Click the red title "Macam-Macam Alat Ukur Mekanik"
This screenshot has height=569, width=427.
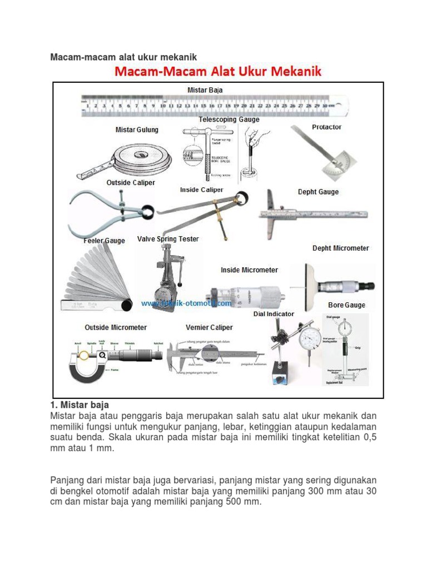pos(218,72)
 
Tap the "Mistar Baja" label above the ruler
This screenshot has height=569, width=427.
pos(205,89)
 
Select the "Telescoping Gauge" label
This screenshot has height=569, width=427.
pos(229,119)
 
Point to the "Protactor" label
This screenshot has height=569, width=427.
pos(326,127)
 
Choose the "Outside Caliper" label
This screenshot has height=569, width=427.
pos(131,182)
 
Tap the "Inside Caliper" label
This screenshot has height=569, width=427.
pos(201,190)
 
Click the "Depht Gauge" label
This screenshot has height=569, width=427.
pos(318,192)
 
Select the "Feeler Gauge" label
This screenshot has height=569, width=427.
pos(104,241)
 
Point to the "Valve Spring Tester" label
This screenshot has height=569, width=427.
pos(168,239)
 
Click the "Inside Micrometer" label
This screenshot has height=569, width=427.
pos(249,270)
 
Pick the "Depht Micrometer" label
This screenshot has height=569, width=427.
pos(340,248)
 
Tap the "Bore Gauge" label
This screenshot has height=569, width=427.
pos(346,305)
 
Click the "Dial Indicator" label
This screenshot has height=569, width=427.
pos(274,314)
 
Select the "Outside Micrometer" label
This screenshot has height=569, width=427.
pos(116,327)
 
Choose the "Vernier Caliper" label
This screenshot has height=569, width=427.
pos(209,327)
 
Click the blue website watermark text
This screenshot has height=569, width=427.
pos(186,303)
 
